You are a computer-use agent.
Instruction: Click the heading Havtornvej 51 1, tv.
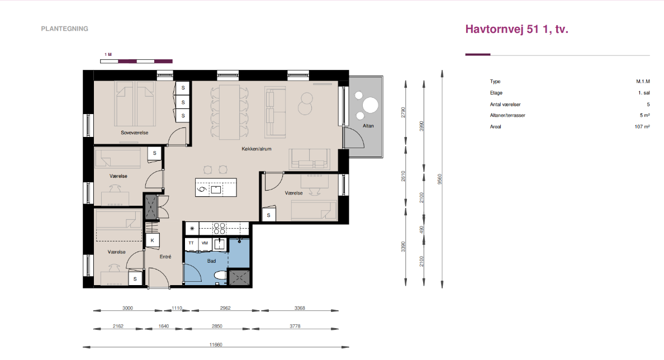click(x=516, y=29)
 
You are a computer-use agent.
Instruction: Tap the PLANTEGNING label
click(x=65, y=29)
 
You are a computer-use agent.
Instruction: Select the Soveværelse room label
click(x=134, y=132)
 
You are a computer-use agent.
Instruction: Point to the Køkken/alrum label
click(x=256, y=149)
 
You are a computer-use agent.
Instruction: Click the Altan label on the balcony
click(x=368, y=126)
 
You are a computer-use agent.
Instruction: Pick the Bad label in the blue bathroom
click(x=211, y=261)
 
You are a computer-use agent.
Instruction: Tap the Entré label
click(x=165, y=257)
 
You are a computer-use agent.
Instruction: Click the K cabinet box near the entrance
click(x=153, y=240)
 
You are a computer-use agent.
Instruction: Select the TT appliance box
click(x=191, y=244)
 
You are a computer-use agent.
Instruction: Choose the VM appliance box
click(x=205, y=244)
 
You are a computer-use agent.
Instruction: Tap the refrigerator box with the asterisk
click(x=192, y=228)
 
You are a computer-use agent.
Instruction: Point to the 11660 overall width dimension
click(x=216, y=345)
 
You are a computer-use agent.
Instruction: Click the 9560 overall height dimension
click(x=440, y=179)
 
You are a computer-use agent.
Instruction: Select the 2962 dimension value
click(x=225, y=308)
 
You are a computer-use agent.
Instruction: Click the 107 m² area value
click(x=642, y=127)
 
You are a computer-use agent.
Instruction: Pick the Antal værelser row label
click(x=505, y=104)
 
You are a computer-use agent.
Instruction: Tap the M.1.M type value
click(x=643, y=81)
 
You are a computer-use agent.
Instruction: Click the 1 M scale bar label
click(x=108, y=55)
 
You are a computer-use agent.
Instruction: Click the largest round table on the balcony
click(x=371, y=106)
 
